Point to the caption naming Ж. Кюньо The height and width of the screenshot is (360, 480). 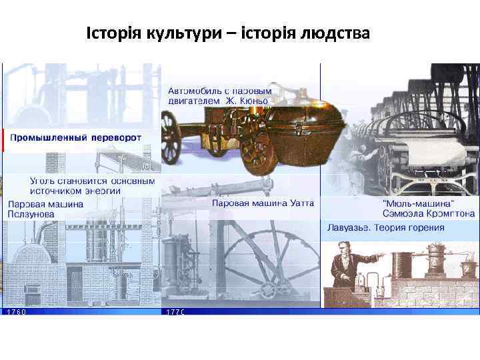point(219,95)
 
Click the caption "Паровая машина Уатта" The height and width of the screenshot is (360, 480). point(263,203)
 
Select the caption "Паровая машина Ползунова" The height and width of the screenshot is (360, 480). point(46,209)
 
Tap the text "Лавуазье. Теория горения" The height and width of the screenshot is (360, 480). point(385,227)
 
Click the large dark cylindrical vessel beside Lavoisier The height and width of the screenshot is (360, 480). point(402,265)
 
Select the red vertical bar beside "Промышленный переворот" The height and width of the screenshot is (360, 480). point(3,140)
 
